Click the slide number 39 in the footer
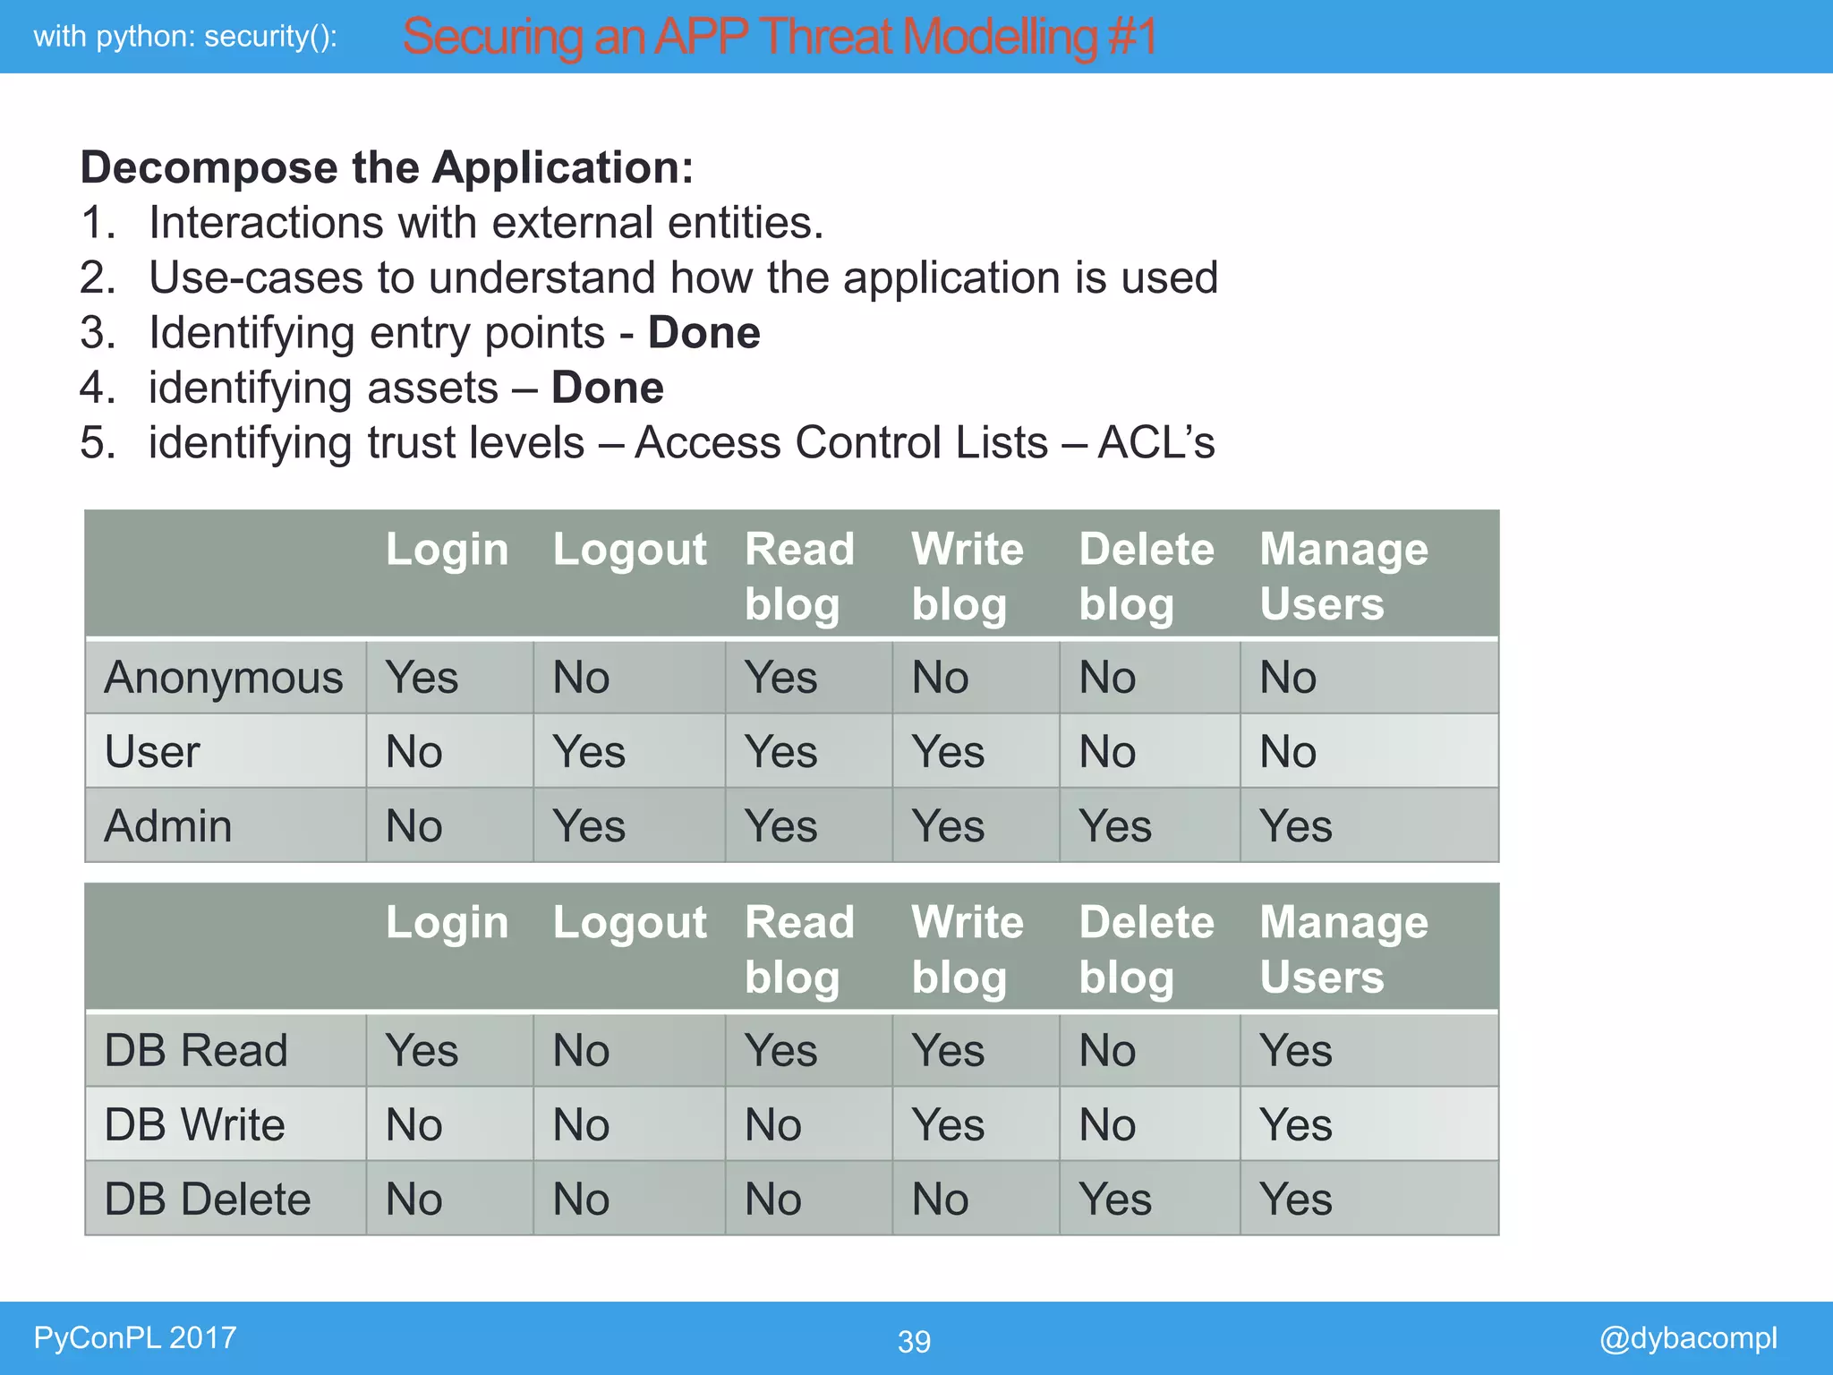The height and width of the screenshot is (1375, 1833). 914,1341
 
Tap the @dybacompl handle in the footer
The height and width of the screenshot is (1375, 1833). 1687,1337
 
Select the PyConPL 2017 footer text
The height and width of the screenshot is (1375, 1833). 134,1337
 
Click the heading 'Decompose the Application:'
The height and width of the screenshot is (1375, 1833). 387,167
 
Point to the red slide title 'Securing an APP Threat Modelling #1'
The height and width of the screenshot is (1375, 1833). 779,37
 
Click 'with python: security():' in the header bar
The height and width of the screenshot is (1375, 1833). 185,37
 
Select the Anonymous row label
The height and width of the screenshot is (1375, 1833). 224,678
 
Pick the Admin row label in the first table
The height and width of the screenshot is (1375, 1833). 168,825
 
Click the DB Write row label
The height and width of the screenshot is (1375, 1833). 194,1124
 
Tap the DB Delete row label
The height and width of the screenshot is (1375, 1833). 208,1199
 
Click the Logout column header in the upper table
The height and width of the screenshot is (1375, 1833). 629,550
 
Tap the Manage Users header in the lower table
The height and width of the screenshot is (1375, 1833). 1343,949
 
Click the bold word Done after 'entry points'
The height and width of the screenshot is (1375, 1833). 704,333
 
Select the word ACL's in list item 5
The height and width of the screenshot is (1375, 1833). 1156,443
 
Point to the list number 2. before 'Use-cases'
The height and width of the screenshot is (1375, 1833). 98,278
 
